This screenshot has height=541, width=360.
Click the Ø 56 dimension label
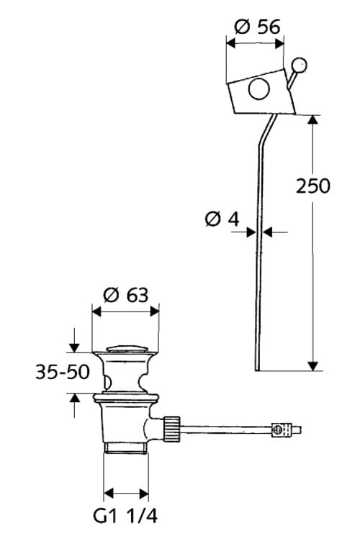pyautogui.click(x=256, y=27)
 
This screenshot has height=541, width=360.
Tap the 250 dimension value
pyautogui.click(x=313, y=186)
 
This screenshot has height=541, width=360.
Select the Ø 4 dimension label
pyautogui.click(x=222, y=219)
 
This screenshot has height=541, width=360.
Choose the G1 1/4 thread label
pyautogui.click(x=125, y=516)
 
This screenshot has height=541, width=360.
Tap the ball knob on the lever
pyautogui.click(x=300, y=66)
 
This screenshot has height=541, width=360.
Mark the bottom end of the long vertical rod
pyautogui.click(x=257, y=368)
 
